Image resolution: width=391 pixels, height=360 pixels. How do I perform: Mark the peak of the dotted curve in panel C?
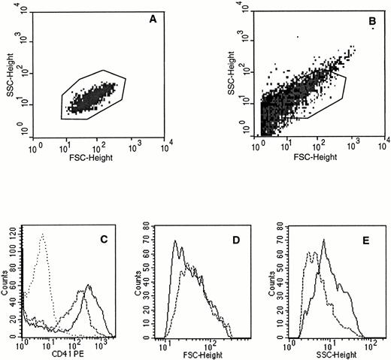[x=43, y=234]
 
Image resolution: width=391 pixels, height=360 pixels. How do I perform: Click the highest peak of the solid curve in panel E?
[x=323, y=241]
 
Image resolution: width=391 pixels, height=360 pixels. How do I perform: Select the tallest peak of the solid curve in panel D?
[x=175, y=241]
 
